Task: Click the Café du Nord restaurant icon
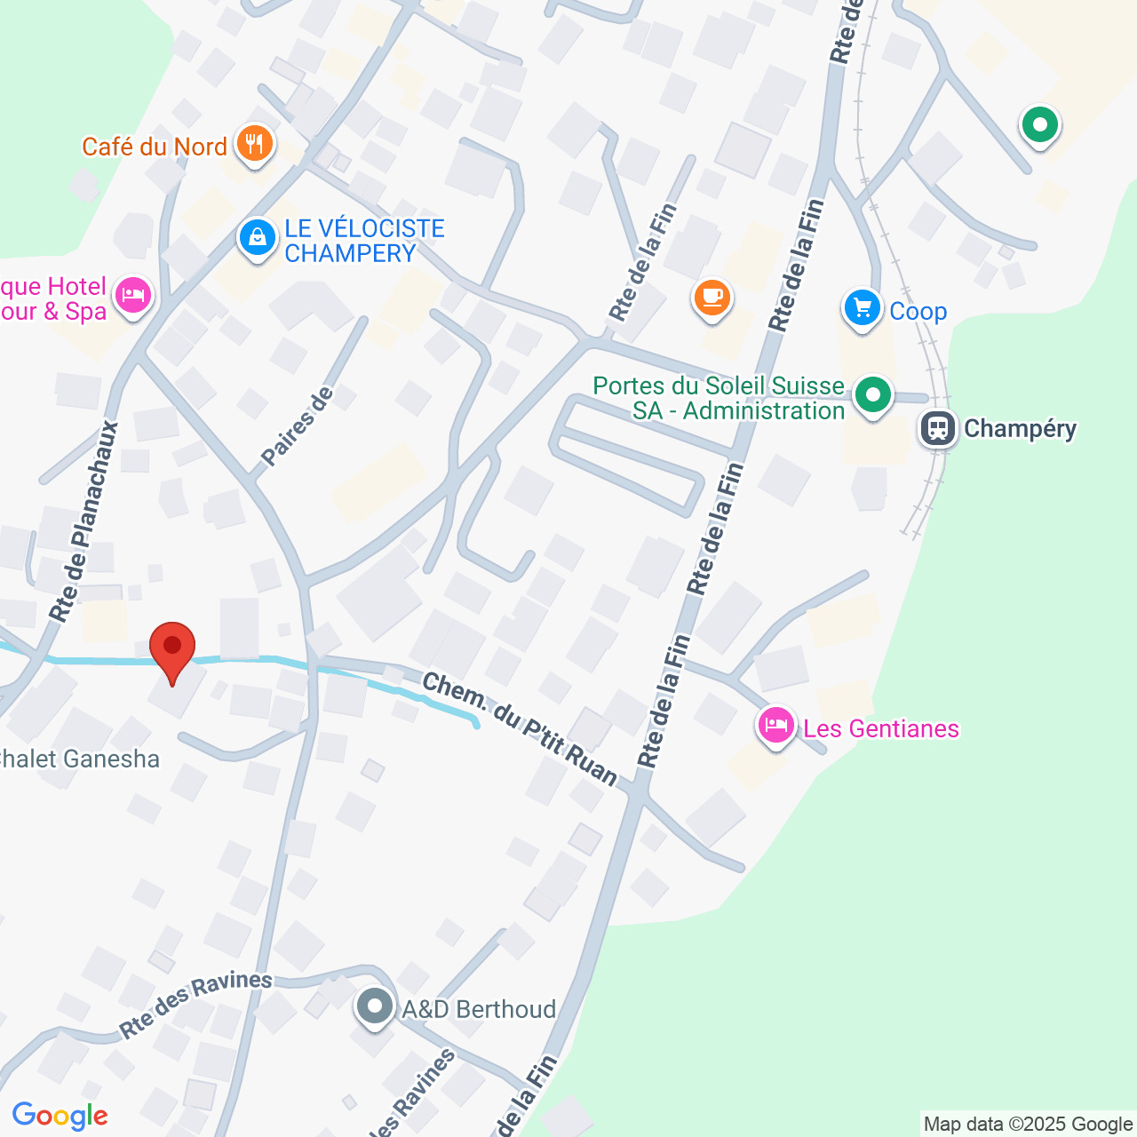point(255,144)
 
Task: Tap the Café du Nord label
point(155,147)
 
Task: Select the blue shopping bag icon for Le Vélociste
point(258,238)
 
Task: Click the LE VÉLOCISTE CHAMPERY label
point(364,241)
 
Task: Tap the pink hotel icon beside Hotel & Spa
point(133,297)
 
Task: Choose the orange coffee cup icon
point(712,298)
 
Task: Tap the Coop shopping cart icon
point(862,309)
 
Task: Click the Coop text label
point(918,312)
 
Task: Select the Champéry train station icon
point(938,429)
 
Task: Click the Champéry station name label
point(1020,429)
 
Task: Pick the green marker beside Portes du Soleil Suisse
point(872,395)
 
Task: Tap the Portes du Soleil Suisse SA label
point(720,398)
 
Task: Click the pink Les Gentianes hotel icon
point(776,727)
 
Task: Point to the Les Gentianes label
point(881,728)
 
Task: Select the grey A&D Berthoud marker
point(375,1007)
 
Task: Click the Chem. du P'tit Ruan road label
point(520,729)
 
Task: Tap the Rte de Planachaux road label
point(85,521)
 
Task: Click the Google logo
point(60,1116)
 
